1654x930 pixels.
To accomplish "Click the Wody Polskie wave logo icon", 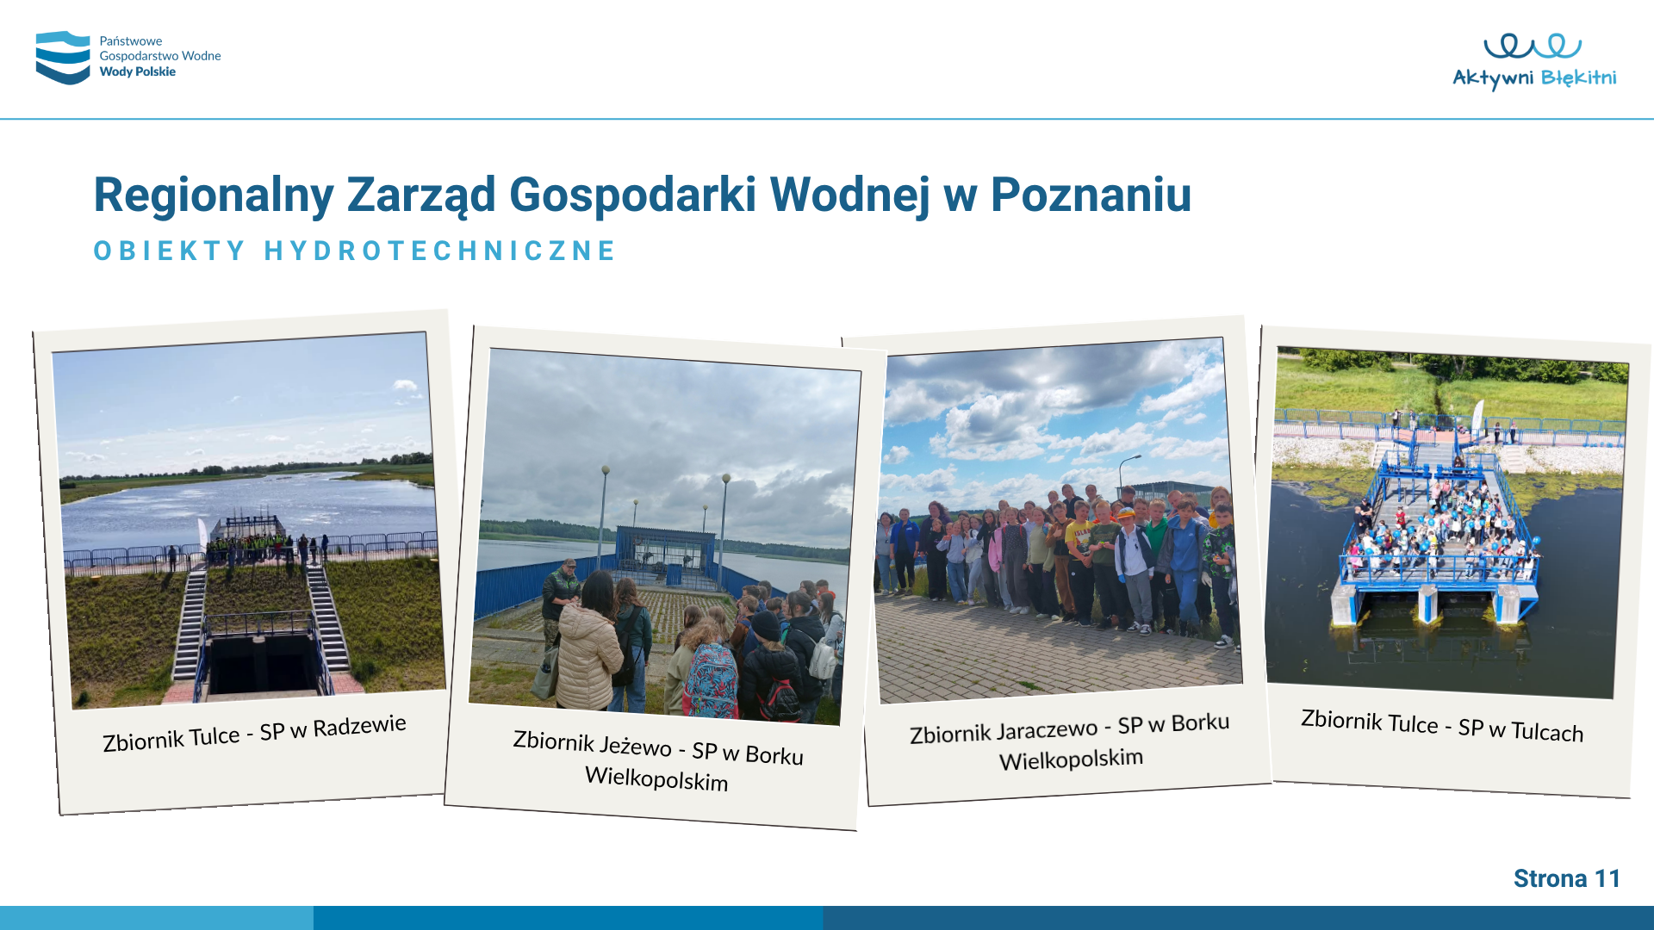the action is coord(63,58).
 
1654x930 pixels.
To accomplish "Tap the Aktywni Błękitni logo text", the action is coord(1534,78).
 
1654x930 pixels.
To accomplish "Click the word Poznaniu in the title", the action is coord(1091,195).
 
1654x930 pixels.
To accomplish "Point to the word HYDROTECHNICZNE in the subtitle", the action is coord(440,251).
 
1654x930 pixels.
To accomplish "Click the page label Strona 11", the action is coord(1567,878).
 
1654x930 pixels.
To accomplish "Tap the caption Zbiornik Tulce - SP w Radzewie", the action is coord(254,733).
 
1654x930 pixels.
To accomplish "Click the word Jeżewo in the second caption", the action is coord(634,744).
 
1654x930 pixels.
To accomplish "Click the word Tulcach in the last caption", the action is coord(1547,731).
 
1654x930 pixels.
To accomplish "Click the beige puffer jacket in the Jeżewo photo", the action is coord(588,657).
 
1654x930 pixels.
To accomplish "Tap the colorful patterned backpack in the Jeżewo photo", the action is coord(712,680).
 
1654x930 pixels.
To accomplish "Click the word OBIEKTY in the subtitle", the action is coord(170,251).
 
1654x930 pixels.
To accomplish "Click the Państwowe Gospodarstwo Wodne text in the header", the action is coord(160,48).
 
